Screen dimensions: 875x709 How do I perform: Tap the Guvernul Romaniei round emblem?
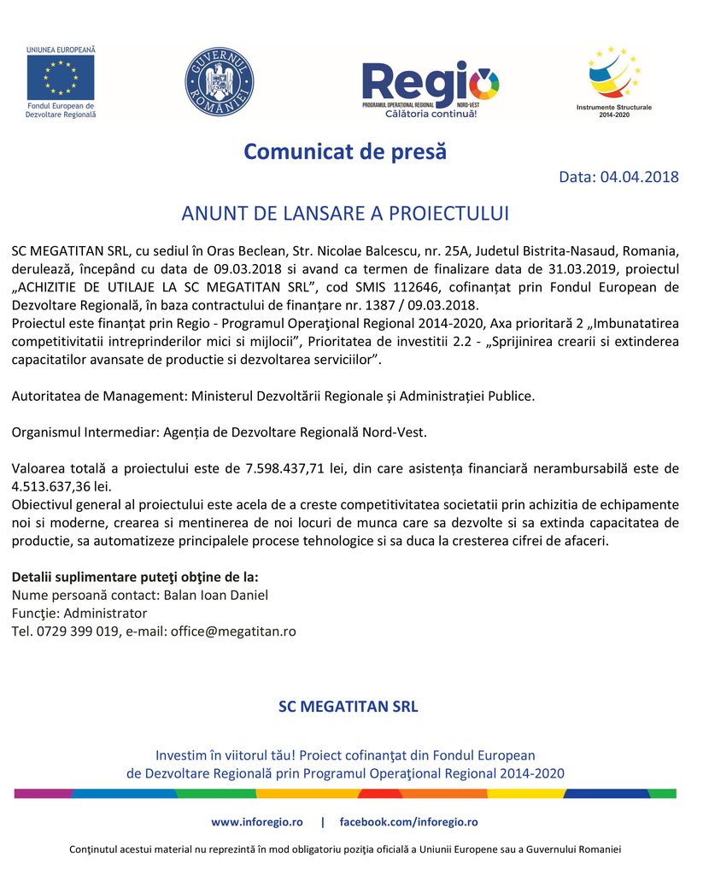(x=220, y=82)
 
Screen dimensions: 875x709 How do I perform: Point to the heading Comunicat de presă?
(x=345, y=152)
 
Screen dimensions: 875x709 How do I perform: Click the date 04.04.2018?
(x=639, y=178)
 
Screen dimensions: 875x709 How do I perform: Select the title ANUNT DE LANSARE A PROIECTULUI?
(x=345, y=214)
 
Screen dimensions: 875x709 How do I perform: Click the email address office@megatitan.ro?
(x=233, y=631)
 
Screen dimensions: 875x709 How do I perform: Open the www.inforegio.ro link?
(x=257, y=822)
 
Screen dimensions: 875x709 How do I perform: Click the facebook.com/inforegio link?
(x=408, y=822)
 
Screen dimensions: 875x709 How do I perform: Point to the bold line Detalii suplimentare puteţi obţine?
(x=135, y=577)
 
